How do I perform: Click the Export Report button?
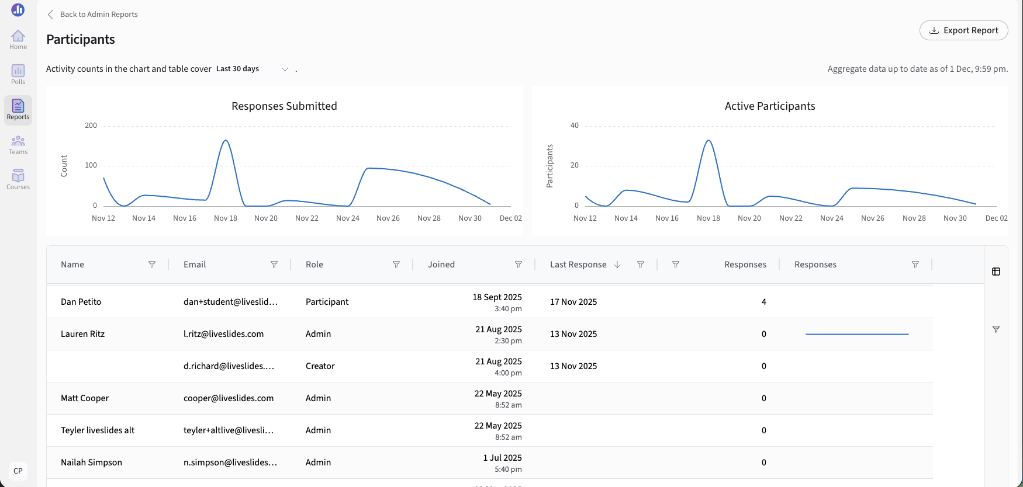(x=963, y=30)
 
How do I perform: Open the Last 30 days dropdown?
(x=253, y=69)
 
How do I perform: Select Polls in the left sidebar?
(x=18, y=75)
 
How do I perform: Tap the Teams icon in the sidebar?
(x=18, y=145)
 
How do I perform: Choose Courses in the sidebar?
(x=18, y=180)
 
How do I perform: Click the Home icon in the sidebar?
(x=18, y=40)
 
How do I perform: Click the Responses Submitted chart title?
(x=284, y=106)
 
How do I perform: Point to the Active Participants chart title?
(x=770, y=106)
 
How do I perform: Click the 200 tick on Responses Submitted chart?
(x=91, y=126)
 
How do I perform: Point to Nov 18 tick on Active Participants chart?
(x=709, y=218)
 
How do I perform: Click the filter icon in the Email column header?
(x=274, y=265)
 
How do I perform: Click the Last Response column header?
(x=578, y=265)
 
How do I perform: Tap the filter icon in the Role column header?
(x=396, y=265)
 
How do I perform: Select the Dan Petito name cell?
(x=81, y=302)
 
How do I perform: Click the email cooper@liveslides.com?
(x=229, y=398)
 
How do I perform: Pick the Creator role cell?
(x=320, y=366)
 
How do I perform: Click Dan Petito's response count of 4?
(x=764, y=302)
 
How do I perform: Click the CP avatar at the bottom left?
(x=18, y=471)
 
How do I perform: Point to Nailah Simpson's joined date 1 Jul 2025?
(x=503, y=458)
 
